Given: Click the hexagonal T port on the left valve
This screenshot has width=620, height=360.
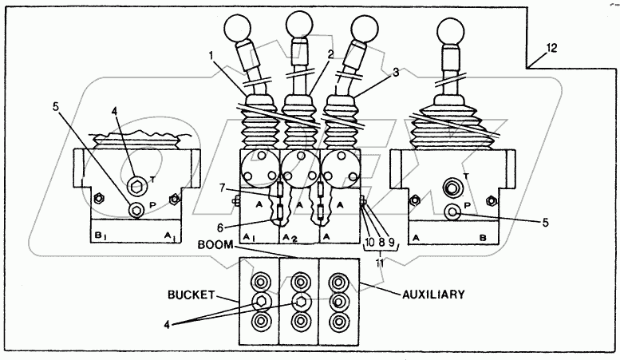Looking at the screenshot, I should (x=137, y=188).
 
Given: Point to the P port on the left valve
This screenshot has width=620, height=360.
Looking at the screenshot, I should (x=136, y=210).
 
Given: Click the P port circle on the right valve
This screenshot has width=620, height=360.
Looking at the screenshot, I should (x=452, y=212).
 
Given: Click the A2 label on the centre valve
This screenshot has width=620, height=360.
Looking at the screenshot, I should (x=290, y=239).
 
